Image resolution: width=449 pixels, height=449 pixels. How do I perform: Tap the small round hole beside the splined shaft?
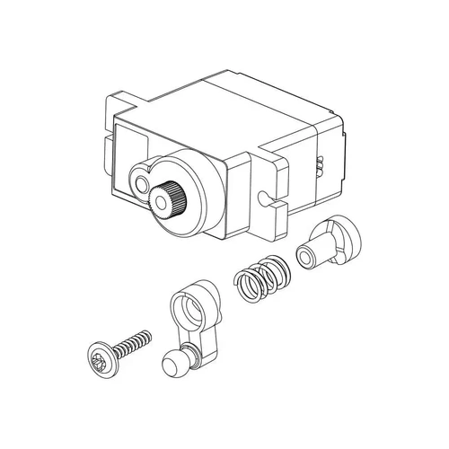(141, 183)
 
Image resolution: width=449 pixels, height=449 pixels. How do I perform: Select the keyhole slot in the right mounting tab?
(263, 196)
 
